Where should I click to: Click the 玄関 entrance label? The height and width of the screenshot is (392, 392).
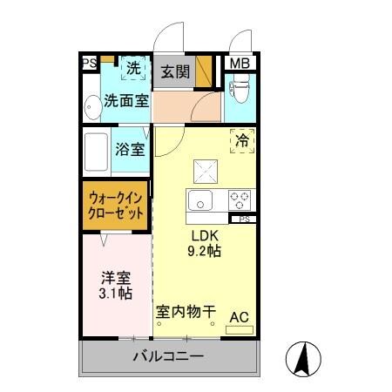174,71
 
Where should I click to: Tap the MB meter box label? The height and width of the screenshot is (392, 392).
237,64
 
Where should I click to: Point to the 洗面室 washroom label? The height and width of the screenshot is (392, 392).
126,101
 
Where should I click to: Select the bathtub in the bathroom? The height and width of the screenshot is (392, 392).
97,150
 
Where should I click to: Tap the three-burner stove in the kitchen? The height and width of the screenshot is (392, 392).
240,200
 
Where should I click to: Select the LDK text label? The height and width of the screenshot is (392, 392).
205,236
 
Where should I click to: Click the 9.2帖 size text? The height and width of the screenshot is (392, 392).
205,253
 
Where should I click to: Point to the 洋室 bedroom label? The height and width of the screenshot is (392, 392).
116,278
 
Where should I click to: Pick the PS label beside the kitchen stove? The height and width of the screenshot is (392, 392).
245,220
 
